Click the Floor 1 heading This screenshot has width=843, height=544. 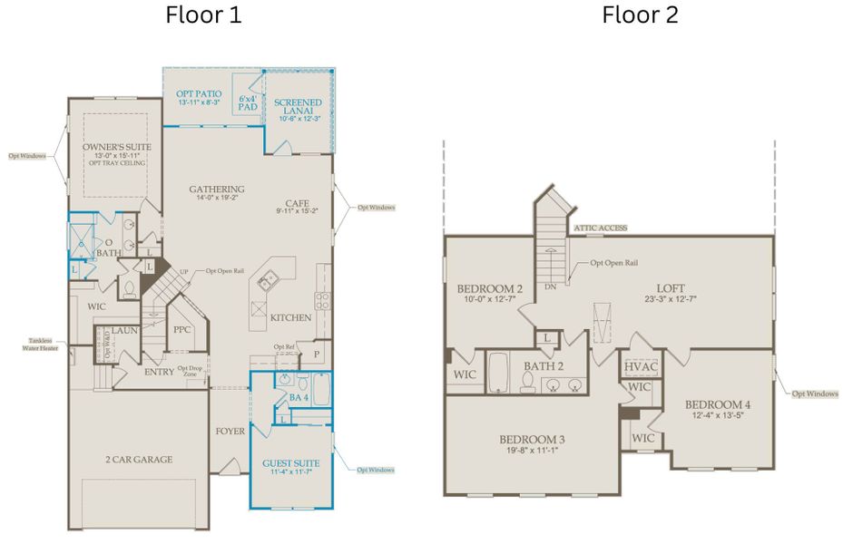click(203, 15)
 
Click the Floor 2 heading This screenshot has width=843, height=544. click(640, 15)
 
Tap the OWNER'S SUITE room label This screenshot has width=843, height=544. click(116, 147)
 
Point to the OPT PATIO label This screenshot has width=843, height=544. click(198, 94)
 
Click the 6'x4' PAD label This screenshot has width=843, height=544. click(247, 102)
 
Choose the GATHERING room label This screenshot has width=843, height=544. click(216, 189)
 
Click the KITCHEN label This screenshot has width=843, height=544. click(291, 318)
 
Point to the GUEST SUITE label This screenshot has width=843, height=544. click(290, 464)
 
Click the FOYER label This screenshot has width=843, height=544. click(230, 432)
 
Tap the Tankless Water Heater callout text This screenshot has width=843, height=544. click(42, 345)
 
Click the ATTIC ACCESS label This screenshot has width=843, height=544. click(599, 228)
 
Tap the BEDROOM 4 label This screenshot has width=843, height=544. click(717, 404)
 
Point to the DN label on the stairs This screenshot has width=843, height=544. click(550, 287)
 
